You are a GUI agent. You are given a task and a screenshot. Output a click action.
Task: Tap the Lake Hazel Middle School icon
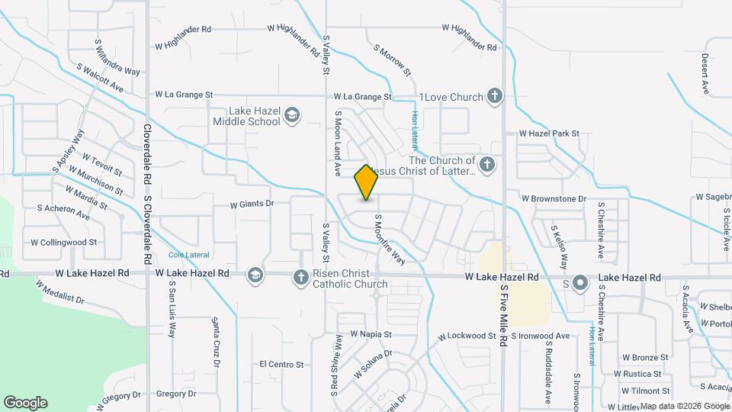(291, 116)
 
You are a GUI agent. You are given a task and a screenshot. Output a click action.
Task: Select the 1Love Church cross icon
(495, 97)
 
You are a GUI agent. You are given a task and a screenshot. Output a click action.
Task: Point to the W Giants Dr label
(252, 204)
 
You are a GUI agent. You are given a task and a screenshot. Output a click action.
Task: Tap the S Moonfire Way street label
(389, 238)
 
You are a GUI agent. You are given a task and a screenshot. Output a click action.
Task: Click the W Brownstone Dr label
(554, 198)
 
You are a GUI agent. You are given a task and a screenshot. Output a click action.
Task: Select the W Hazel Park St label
(549, 134)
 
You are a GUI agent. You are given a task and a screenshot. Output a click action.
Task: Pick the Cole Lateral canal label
(188, 255)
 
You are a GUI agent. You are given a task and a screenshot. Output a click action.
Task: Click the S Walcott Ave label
(100, 78)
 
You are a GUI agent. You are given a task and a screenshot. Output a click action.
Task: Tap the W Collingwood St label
(63, 242)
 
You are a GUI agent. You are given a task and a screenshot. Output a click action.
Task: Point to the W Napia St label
(371, 334)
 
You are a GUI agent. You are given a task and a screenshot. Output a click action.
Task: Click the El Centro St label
(281, 365)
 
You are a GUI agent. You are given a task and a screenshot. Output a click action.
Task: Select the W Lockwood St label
(466, 336)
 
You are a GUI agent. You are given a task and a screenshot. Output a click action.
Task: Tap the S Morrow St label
(393, 60)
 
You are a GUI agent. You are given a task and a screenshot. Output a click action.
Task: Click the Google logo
(25, 403)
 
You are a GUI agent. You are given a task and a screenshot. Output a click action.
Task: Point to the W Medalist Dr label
(59, 291)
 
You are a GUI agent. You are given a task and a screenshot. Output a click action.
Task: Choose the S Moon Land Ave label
(336, 144)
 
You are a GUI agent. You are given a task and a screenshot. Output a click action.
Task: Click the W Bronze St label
(644, 356)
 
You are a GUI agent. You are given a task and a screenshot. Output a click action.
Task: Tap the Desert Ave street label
(705, 74)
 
